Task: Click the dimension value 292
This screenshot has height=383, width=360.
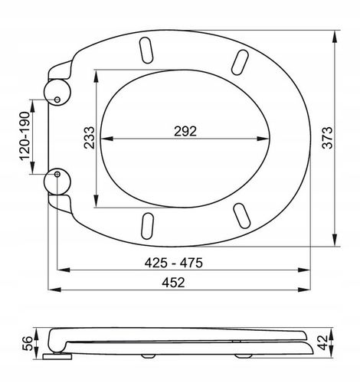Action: pyautogui.click(x=185, y=132)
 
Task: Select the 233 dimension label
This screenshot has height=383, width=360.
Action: pyautogui.click(x=90, y=138)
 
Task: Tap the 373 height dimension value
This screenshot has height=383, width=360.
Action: pyautogui.click(x=328, y=138)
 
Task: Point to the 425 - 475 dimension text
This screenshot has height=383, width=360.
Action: pyautogui.click(x=174, y=263)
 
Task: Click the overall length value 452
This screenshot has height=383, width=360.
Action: pyautogui.click(x=173, y=283)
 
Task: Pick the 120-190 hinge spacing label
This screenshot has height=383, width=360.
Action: pyautogui.click(x=25, y=136)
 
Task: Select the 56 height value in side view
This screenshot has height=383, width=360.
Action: pyautogui.click(x=28, y=343)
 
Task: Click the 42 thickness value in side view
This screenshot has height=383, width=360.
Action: pyautogui.click(x=322, y=342)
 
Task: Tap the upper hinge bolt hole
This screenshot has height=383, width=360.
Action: pyautogui.click(x=57, y=100)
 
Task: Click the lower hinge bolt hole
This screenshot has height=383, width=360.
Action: pyautogui.click(x=57, y=174)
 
